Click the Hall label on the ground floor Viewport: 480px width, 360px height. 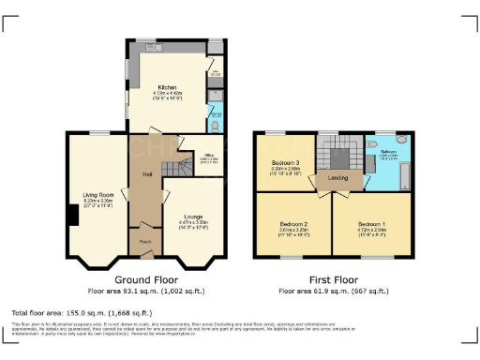[x=147, y=174]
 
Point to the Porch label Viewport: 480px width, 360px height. [x=145, y=241]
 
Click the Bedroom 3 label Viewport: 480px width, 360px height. [x=286, y=163]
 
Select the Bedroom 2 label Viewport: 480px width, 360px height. [x=293, y=223]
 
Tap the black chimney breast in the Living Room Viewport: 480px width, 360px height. [x=71, y=215]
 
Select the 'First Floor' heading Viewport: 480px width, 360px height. [x=333, y=280]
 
